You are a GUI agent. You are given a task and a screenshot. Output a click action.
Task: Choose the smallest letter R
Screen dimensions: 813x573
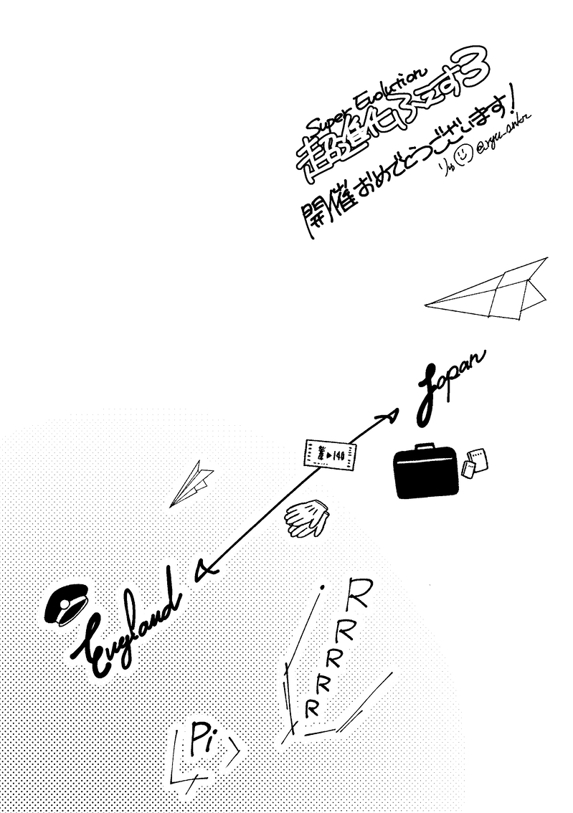coord(311,709)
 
